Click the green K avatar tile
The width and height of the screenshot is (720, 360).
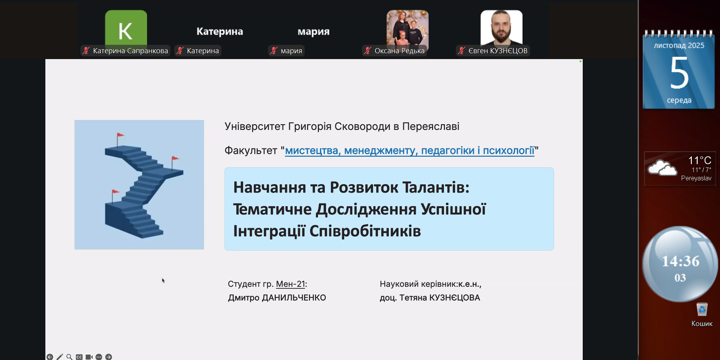(126, 29)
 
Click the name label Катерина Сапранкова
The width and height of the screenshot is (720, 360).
(131, 50)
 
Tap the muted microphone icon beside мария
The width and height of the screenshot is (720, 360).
(274, 50)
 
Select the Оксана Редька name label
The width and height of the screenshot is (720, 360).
(399, 50)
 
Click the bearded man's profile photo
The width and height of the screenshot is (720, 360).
(501, 28)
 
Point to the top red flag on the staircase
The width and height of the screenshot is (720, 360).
(120, 135)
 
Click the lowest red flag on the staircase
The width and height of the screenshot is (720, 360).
(115, 192)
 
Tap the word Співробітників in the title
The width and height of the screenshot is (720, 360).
(365, 231)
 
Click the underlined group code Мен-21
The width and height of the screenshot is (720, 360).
(290, 284)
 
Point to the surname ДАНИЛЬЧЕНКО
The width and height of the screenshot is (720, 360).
(294, 298)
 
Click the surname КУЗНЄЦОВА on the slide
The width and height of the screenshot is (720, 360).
(454, 298)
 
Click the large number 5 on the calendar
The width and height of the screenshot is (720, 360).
(679, 73)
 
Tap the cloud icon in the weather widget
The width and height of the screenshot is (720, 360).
(662, 168)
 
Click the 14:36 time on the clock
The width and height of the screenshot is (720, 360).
(680, 261)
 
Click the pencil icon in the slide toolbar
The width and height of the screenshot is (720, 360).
(60, 357)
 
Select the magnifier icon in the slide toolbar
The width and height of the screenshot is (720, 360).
(69, 357)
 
